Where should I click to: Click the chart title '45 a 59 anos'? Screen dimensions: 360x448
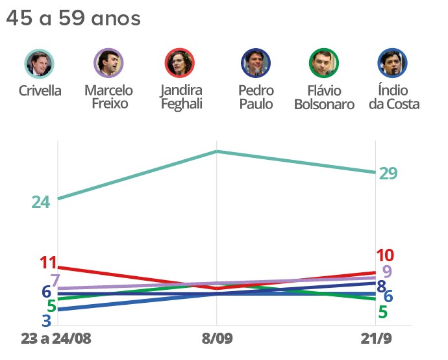pos(73,19)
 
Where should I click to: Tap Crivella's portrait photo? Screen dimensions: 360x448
pos(40,64)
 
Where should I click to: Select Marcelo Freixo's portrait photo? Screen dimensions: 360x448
pos(108,64)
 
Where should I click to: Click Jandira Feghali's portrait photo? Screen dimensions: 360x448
pos(180,64)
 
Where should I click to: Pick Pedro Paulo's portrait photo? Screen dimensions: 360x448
pos(256,64)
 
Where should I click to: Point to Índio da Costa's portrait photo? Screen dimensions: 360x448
pos(392,64)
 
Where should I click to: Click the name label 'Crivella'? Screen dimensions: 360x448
pos(40,90)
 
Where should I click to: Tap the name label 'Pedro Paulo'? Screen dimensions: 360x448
pos(256,97)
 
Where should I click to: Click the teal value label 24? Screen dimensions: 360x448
pos(41,202)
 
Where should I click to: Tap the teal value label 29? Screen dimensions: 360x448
pos(388,174)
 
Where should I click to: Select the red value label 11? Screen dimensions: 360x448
pos(49,263)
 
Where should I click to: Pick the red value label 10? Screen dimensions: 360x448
pos(385,255)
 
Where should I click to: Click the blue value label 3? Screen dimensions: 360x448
pos(47,320)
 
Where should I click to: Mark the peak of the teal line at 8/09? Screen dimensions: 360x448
pos(216,151)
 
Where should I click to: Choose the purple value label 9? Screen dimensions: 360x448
pos(387,272)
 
